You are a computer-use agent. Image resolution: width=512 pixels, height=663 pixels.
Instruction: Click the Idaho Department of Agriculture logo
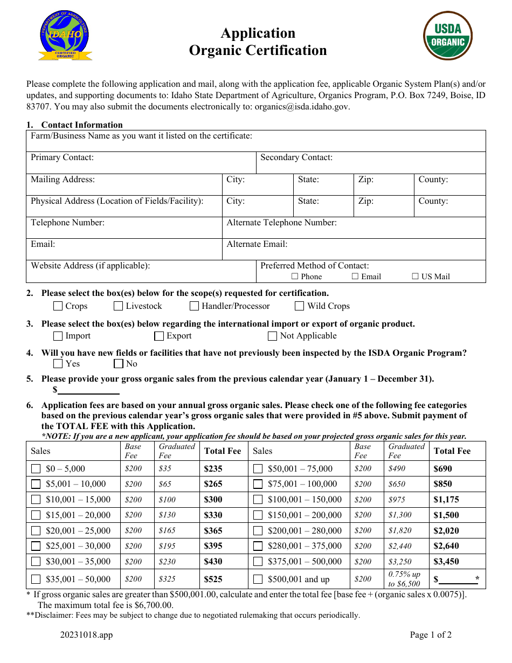[65, 36]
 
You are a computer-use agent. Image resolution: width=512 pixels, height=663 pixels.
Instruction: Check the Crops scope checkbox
[58, 306]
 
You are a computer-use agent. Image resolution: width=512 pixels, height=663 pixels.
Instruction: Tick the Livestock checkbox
[119, 306]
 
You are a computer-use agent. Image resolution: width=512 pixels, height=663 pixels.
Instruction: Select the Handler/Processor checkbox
[195, 306]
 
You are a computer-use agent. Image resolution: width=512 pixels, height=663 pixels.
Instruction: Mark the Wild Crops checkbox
[300, 306]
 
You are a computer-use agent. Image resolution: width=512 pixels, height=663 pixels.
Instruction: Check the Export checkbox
[159, 336]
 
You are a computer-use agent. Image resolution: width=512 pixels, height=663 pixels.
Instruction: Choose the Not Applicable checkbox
[273, 336]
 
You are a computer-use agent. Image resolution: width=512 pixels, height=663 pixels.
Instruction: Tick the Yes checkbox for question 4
[58, 364]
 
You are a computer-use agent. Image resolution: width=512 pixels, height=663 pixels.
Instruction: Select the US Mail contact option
[416, 277]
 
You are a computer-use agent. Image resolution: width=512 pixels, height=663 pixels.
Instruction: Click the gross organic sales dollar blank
[88, 390]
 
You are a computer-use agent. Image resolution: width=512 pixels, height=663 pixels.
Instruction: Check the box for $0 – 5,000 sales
[36, 469]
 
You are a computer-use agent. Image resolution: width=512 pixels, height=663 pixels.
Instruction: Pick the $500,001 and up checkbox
[258, 579]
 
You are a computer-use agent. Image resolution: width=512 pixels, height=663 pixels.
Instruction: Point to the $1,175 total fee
[446, 500]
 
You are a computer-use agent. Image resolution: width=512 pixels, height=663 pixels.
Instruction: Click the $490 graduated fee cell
[397, 469]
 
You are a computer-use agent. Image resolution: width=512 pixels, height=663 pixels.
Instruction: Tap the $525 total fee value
[213, 579]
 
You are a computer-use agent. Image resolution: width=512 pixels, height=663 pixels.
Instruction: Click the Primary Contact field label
[62, 157]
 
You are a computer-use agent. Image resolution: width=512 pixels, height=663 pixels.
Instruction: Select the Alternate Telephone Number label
[281, 223]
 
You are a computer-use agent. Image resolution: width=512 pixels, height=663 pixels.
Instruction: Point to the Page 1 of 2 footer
[431, 634]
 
